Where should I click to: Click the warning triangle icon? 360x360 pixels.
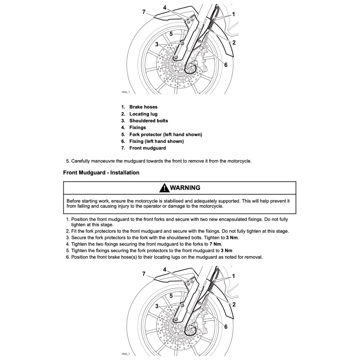tap(164, 188)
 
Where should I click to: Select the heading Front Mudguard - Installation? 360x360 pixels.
tap(101, 173)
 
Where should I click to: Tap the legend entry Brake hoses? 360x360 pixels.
tap(143, 107)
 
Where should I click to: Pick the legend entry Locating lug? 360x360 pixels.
tap(143, 114)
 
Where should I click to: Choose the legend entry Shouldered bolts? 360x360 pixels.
tap(148, 121)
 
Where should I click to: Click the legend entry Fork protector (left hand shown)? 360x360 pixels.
tap(166, 134)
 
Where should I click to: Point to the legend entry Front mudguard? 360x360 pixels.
tap(147, 148)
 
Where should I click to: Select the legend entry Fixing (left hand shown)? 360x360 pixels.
tap(156, 141)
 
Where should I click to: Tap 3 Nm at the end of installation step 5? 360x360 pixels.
tap(226, 251)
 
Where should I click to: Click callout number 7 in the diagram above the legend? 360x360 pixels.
tap(144, 12)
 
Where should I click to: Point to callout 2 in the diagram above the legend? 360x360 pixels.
tap(234, 43)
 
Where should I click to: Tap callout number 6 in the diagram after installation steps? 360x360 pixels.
tap(226, 327)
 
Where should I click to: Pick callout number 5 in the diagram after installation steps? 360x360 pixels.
tap(171, 296)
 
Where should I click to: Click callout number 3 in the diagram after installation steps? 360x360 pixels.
tap(157, 306)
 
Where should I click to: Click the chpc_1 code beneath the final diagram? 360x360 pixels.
tap(126, 354)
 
